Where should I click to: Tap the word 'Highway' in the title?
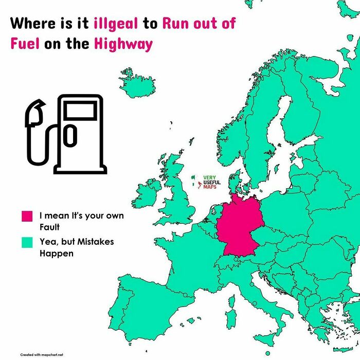[x=123, y=44]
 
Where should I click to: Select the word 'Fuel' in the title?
[x=25, y=44]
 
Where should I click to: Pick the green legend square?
[x=27, y=242]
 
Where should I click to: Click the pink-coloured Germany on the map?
[x=239, y=226]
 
